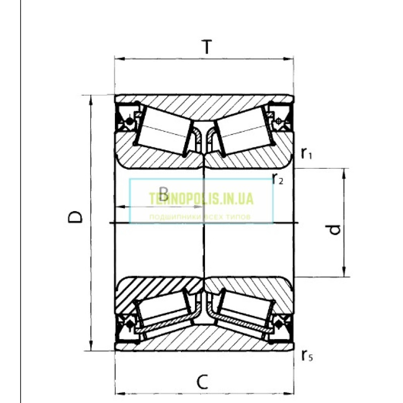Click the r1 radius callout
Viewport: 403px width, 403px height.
pyautogui.click(x=306, y=154)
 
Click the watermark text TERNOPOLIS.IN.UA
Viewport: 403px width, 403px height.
pyautogui.click(x=201, y=199)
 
